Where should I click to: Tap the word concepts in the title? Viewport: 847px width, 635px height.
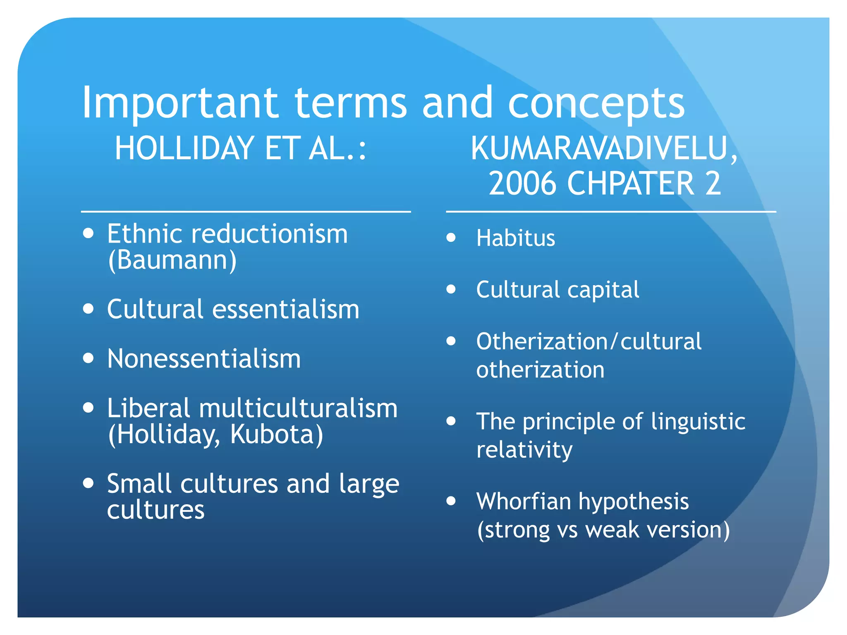[x=596, y=103]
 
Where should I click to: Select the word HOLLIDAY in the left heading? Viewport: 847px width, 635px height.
[x=184, y=148]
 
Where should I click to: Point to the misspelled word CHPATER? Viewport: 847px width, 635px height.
[x=630, y=184]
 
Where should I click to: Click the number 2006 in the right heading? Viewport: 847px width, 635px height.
[x=523, y=184]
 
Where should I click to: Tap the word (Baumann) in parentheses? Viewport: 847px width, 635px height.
[x=172, y=260]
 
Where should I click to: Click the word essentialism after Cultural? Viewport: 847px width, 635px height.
[x=286, y=309]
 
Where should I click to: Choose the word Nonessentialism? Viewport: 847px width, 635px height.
[x=204, y=358]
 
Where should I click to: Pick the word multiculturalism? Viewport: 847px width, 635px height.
[x=298, y=408]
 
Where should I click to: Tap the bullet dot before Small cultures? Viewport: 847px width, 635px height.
[x=88, y=483]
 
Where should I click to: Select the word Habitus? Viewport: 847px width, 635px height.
[x=516, y=238]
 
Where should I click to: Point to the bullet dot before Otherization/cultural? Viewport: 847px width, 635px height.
[x=451, y=341]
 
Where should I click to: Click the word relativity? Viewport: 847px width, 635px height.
[x=524, y=449]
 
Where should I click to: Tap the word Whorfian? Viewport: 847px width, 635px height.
[x=524, y=501]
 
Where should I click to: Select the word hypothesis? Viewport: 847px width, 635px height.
[x=634, y=502]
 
